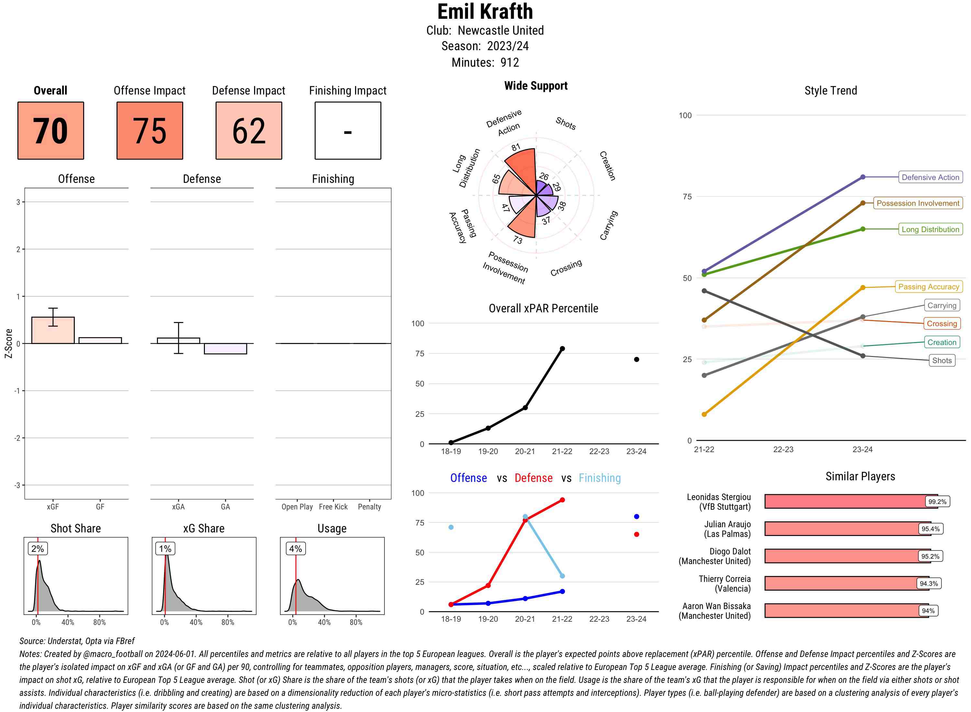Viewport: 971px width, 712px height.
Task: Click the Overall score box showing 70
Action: [x=50, y=131]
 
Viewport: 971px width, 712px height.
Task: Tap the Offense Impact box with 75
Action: [x=150, y=131]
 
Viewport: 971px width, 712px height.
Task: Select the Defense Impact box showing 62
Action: [x=249, y=131]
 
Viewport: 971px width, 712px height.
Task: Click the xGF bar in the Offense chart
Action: [x=53, y=330]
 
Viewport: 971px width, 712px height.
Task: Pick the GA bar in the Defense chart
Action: [x=225, y=349]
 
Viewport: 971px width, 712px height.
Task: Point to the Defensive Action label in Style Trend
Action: [x=930, y=177]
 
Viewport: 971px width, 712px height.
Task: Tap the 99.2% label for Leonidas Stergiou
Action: [x=937, y=502]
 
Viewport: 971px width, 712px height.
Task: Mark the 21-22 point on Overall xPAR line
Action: [x=562, y=349]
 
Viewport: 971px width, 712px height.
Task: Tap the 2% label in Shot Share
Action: [x=38, y=549]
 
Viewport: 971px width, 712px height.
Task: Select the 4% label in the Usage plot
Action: [x=295, y=549]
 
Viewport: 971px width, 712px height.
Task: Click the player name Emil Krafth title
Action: [x=485, y=12]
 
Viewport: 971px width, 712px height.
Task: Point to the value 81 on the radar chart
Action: [x=516, y=147]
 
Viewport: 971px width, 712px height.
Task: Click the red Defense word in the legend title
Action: [x=533, y=478]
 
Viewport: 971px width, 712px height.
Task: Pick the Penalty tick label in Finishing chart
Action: [x=369, y=507]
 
